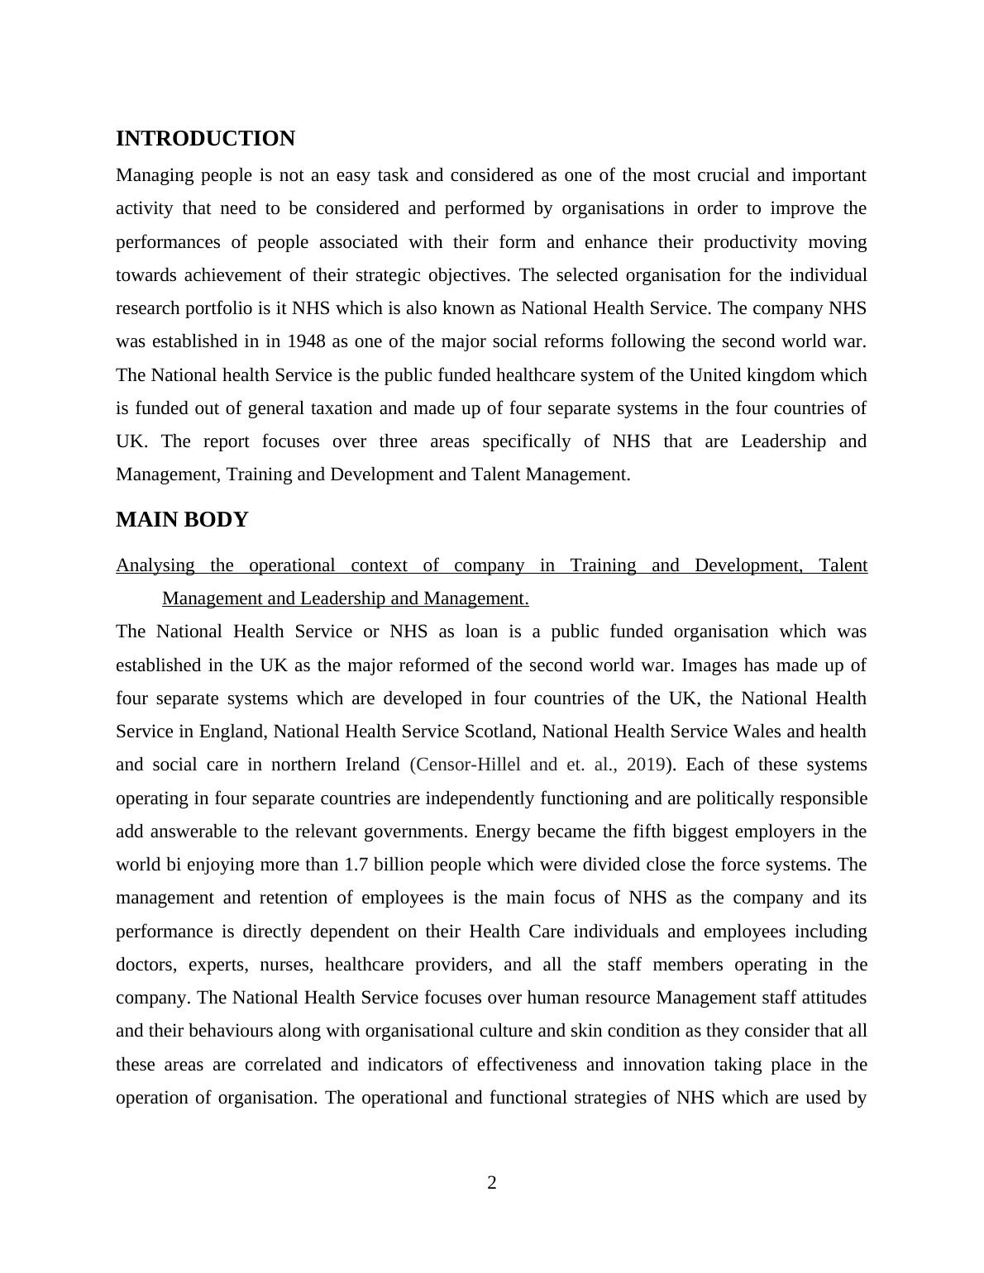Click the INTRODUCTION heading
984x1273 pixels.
(205, 139)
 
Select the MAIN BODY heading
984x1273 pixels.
(182, 520)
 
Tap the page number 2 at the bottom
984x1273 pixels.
(492, 1183)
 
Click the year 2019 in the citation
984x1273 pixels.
(646, 765)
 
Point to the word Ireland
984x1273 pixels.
(372, 765)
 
